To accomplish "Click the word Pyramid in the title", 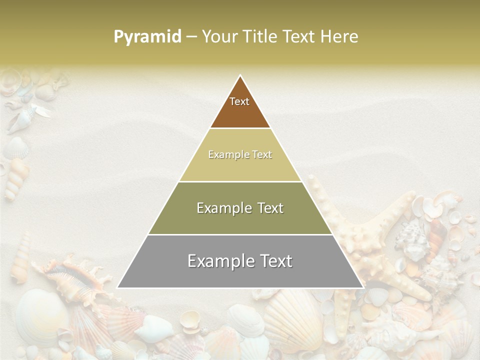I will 147,37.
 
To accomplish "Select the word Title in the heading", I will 262,37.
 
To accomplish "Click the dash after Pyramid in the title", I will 191,37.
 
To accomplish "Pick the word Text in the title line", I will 301,37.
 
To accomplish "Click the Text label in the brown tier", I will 239,101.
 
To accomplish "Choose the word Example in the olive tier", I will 220,208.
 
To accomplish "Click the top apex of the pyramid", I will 240,76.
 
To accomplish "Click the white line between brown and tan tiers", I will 240,128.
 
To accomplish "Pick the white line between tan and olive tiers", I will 240,181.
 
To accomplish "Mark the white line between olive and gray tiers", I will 240,234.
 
